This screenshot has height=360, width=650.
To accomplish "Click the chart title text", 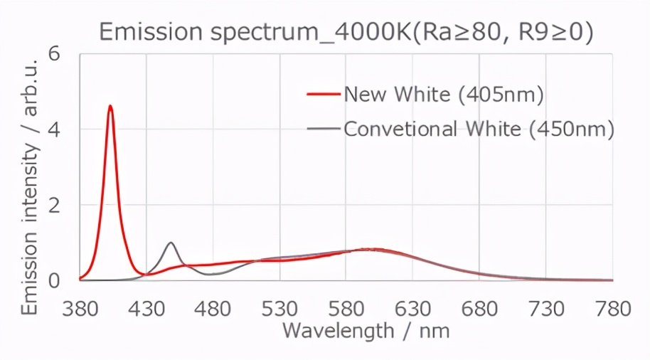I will [346, 32].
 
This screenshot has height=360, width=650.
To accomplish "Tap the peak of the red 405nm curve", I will [110, 107].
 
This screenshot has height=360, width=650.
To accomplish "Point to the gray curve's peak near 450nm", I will [171, 243].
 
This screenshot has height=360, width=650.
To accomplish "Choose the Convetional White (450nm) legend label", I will [479, 129].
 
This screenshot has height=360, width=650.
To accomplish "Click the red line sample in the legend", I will [324, 94].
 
